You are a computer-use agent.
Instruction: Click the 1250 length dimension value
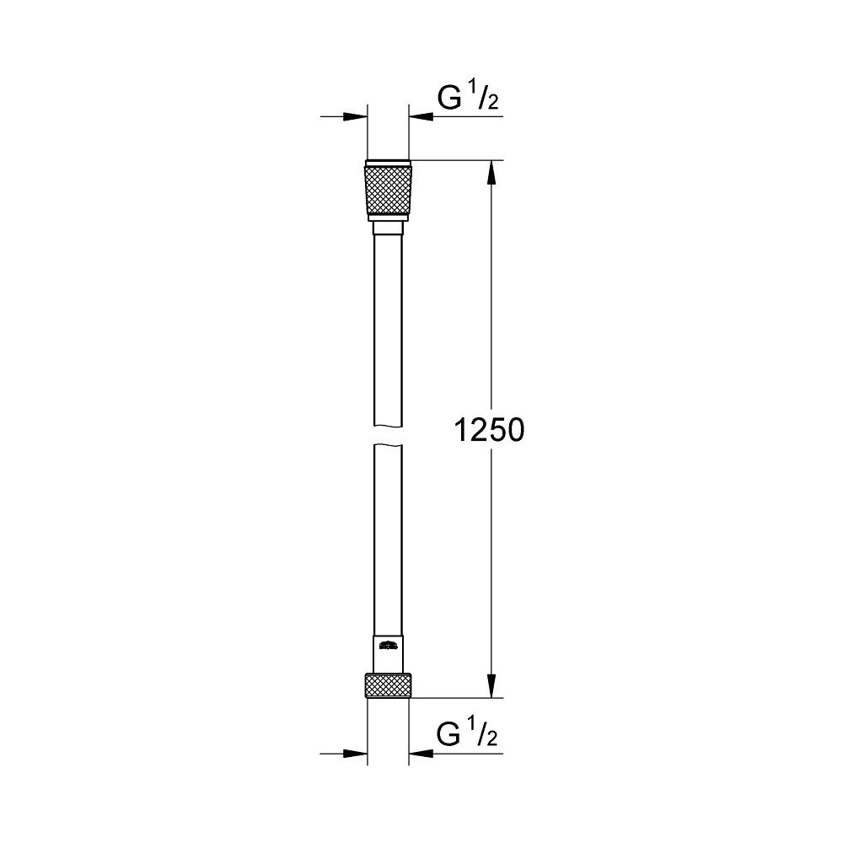point(489,431)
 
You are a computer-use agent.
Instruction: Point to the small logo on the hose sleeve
point(389,647)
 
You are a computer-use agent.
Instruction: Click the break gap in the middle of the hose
point(389,436)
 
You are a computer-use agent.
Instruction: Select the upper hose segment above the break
point(389,329)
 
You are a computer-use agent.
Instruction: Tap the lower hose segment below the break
point(389,540)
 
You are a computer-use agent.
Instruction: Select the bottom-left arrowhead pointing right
point(357,751)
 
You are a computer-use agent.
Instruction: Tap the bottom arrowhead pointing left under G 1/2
point(420,751)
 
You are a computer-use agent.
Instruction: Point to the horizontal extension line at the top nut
point(455,160)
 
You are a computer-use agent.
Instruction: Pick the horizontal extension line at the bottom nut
point(455,698)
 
